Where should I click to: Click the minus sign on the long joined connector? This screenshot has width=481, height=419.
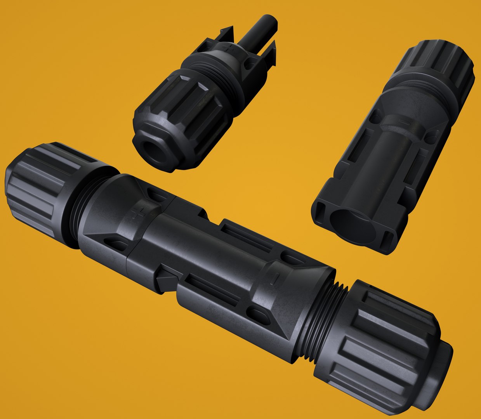(275, 277)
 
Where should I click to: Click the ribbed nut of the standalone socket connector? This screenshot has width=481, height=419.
(443, 66)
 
